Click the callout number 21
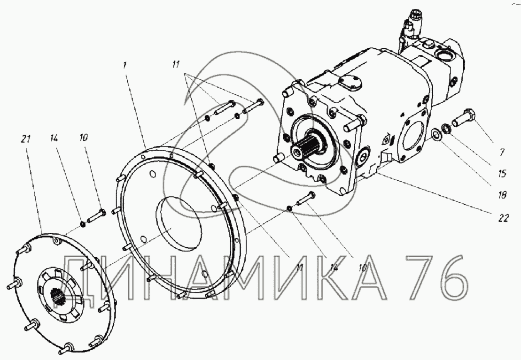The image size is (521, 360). [x=25, y=138]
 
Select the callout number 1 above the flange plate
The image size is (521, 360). [x=124, y=65]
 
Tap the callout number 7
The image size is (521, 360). [x=502, y=152]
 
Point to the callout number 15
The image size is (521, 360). [x=502, y=173]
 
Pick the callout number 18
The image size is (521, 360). [x=502, y=195]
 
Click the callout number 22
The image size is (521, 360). [x=503, y=218]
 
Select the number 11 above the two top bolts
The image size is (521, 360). [x=176, y=64]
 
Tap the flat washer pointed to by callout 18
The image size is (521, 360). [x=435, y=134]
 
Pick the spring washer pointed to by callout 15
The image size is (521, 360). [x=446, y=128]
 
